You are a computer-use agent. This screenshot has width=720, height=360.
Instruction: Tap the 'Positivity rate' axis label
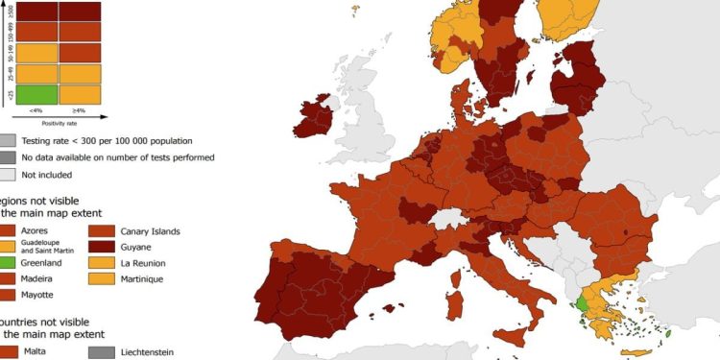click(60, 123)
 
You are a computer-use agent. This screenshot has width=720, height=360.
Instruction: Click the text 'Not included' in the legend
click(46, 175)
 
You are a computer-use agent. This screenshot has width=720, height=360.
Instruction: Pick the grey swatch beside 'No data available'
click(7, 157)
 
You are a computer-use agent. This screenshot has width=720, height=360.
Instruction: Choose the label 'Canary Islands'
click(150, 231)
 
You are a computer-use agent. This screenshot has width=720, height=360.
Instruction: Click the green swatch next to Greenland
click(6, 262)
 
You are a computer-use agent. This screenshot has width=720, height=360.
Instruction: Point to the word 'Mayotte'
click(39, 294)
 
